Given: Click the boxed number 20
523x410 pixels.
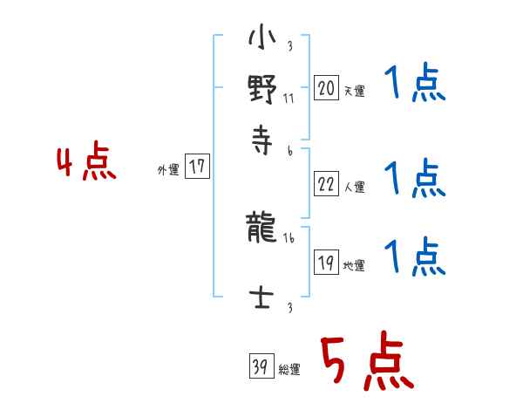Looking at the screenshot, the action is point(326,88).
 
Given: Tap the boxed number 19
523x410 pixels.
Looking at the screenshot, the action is point(326,263).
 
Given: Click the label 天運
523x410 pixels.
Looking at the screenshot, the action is point(354,91).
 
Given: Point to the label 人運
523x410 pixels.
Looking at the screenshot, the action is point(354,186).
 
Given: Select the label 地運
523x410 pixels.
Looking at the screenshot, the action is point(354,266).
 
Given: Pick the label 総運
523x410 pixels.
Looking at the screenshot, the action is point(289,370).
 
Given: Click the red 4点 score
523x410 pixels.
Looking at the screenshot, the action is point(85,164).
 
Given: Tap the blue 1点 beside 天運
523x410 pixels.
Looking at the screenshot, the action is point(414,85).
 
